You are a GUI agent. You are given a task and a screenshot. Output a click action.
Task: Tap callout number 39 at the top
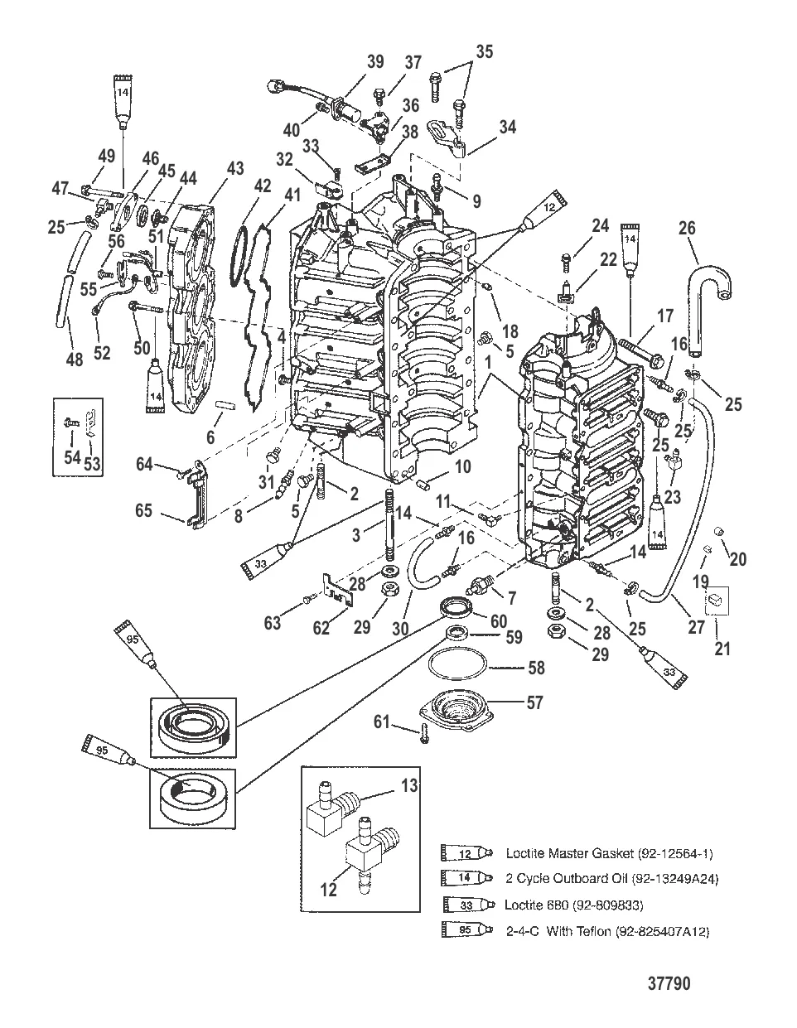(375, 62)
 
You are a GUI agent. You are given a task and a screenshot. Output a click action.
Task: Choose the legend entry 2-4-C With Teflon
(607, 931)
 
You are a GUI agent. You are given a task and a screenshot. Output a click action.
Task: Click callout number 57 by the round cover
(534, 702)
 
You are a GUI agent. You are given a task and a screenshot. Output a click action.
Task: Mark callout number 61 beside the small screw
(381, 724)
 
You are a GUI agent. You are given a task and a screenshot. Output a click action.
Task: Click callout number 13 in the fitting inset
(410, 785)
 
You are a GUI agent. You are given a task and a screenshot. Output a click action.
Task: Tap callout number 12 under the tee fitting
(329, 890)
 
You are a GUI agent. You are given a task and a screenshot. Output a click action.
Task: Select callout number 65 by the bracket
(143, 510)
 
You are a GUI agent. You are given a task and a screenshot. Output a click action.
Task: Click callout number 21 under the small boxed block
(723, 648)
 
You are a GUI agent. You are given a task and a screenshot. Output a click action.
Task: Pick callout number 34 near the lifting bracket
(507, 127)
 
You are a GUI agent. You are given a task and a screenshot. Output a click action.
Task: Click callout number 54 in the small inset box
(72, 457)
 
